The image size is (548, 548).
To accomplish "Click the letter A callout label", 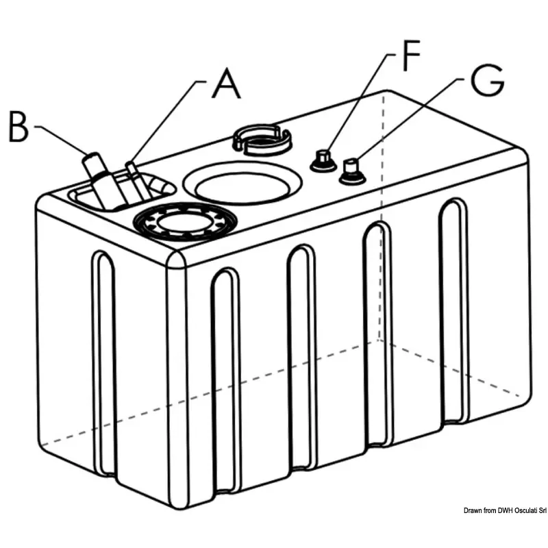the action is coord(227,83).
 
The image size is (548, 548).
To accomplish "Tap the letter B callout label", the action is coord(18,127).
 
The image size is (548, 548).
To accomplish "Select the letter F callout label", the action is coord(411,55).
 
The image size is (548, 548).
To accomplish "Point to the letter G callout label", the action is coord(487,80).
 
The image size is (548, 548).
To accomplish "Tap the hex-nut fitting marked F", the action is coord(323,161).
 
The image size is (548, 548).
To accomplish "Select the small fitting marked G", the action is coord(352,172).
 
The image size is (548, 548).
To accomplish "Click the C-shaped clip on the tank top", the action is coord(261,140).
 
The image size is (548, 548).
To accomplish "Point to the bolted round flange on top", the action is coord(186,221).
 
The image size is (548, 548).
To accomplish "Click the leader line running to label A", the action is coord(164,123).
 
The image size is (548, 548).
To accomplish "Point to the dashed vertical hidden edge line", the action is coord(382,216).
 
